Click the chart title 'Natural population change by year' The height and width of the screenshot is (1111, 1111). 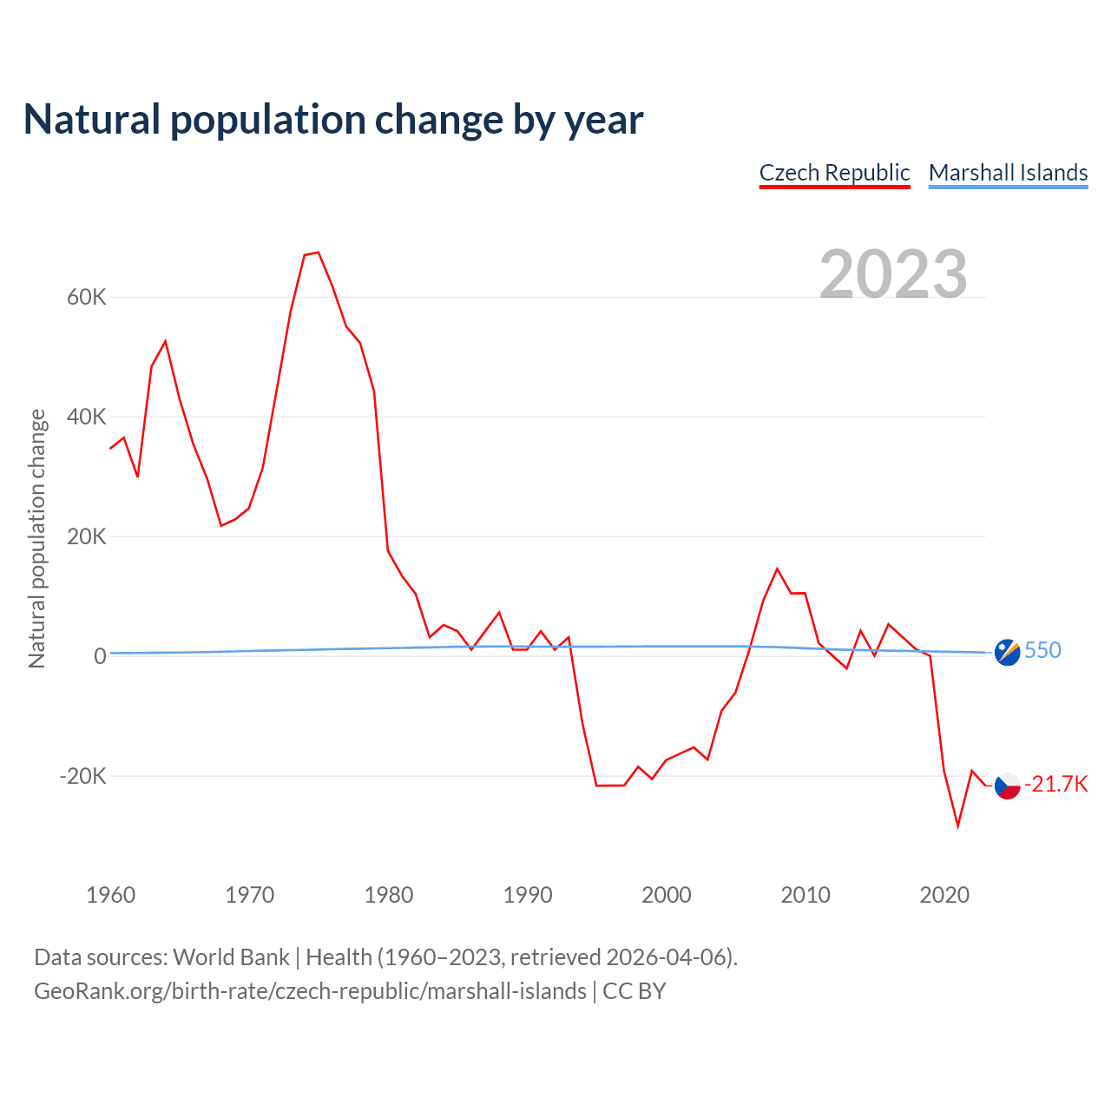[x=333, y=120]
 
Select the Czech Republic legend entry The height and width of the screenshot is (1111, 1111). [x=834, y=173]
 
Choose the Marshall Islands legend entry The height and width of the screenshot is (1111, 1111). [x=1008, y=173]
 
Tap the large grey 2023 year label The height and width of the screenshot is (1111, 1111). [x=893, y=273]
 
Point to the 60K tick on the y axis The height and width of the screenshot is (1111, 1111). [x=86, y=298]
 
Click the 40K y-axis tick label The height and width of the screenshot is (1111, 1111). [x=86, y=417]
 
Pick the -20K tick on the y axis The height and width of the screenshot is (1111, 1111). [x=82, y=776]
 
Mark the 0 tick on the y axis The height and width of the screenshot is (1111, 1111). [x=100, y=657]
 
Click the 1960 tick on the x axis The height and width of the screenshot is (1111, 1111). [x=111, y=895]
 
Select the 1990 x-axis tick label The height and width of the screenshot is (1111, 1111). [x=528, y=895]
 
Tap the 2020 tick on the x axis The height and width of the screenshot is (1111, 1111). [x=944, y=895]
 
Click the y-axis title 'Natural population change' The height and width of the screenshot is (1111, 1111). [x=37, y=538]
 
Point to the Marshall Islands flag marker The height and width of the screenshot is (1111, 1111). [x=1007, y=652]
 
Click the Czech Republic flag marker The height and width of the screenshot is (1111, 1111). [x=1007, y=786]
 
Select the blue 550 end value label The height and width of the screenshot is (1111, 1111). [x=1042, y=651]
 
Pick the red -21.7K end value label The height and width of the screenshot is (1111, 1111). [x=1055, y=785]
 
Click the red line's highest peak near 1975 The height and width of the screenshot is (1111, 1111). [x=319, y=253]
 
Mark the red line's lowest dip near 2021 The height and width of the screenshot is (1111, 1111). [x=958, y=825]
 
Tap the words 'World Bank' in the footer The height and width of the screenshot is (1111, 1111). [x=231, y=957]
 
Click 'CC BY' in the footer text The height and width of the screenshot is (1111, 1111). [x=634, y=991]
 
